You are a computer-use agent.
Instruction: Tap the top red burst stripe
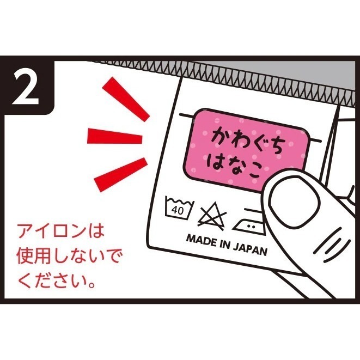(127, 98)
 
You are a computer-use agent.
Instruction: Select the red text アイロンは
(60, 231)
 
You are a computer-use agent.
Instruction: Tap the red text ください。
(58, 282)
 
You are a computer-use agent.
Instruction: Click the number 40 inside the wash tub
(176, 210)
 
